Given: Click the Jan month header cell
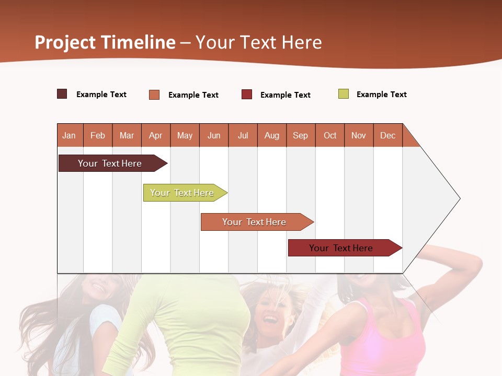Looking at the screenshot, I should (70, 135).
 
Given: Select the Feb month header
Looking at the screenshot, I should (98, 135).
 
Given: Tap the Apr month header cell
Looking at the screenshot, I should (156, 135).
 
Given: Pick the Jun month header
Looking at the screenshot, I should (214, 135).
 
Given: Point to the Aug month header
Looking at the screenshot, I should (272, 135).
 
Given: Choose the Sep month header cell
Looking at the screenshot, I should (301, 135).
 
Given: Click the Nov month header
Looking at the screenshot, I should (359, 135).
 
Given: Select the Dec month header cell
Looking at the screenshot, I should (388, 135).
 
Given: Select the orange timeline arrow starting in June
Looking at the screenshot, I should (255, 222).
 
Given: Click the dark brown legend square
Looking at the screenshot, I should (62, 94).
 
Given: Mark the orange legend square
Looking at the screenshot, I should (154, 95).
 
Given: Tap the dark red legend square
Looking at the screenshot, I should (247, 94).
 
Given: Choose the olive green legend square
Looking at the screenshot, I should (344, 94).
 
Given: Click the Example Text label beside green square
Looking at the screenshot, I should (381, 94).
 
